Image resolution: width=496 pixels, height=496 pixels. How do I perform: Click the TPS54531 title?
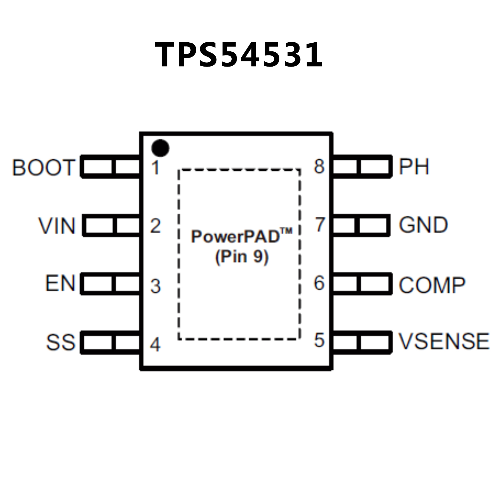[239, 55]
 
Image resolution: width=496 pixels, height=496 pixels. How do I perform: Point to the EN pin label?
[60, 283]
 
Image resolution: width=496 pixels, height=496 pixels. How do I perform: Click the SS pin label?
[60, 342]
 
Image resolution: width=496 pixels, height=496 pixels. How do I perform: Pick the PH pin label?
[414, 167]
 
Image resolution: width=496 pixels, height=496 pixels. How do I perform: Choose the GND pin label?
[423, 225]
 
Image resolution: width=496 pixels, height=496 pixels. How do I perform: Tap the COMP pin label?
[432, 285]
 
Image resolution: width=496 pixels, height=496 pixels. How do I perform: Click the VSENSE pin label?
[444, 341]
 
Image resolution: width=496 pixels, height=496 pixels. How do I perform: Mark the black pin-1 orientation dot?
[160, 148]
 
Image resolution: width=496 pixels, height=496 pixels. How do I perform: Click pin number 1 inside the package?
[156, 168]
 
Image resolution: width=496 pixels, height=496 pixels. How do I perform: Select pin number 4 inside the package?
[155, 344]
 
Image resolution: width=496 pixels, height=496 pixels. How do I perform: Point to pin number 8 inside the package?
[319, 166]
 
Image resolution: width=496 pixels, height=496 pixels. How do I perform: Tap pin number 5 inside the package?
[319, 340]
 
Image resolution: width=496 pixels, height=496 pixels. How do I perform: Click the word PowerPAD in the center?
[235, 237]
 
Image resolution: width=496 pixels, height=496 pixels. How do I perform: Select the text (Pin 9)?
[242, 257]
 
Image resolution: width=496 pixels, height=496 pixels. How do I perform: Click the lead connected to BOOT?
[111, 167]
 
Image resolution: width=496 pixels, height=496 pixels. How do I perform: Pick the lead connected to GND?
[361, 225]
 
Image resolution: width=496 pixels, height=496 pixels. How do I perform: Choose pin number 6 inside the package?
[319, 283]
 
